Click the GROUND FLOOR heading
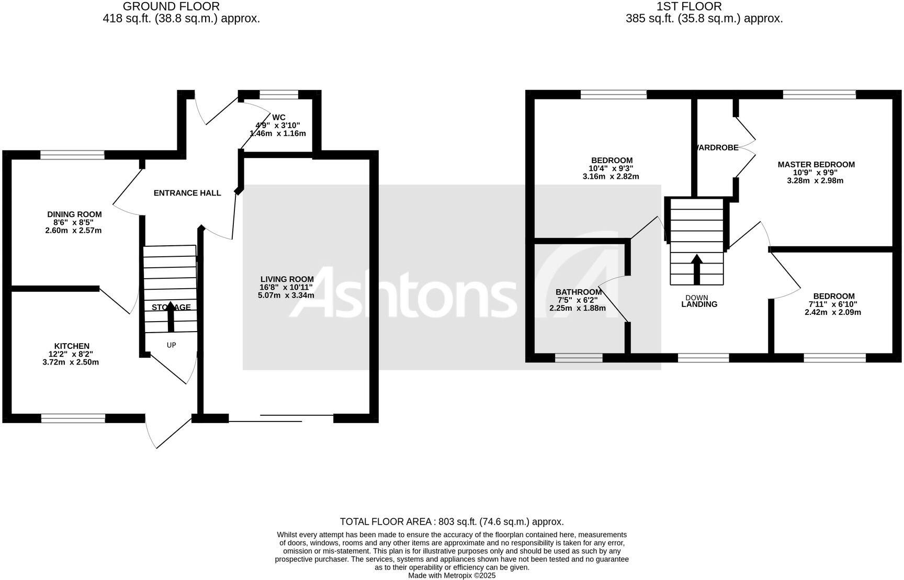click(x=171, y=7)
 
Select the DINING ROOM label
click(x=74, y=214)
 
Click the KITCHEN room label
click(x=72, y=346)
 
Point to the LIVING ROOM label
click(x=287, y=279)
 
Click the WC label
click(x=279, y=118)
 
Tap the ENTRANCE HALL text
click(x=187, y=193)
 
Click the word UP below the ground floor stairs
click(x=171, y=345)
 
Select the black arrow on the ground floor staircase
click(x=171, y=316)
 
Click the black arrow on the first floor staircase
click(x=696, y=269)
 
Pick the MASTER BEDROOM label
click(x=816, y=165)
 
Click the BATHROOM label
click(x=579, y=292)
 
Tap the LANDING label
click(x=699, y=304)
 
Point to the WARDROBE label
click(x=717, y=147)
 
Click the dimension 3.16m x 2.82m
click(x=611, y=177)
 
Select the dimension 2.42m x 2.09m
click(x=832, y=312)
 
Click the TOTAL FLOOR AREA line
click(x=451, y=521)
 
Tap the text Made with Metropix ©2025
click(x=451, y=575)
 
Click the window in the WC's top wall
click(x=279, y=95)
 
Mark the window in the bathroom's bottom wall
click(x=579, y=358)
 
